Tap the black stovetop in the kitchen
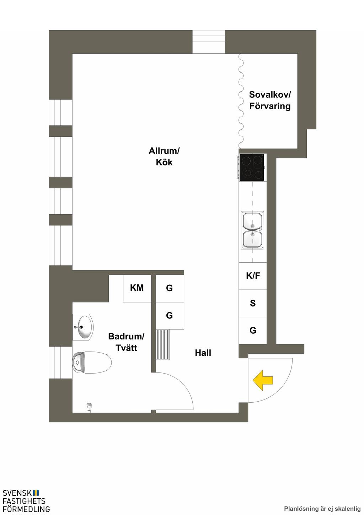(252, 167)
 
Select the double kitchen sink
(252, 230)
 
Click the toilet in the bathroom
(92, 363)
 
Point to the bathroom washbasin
(83, 327)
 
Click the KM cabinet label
(137, 288)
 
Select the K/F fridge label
(253, 276)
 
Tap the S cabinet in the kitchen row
(253, 303)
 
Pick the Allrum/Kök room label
(164, 157)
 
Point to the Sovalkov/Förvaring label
(270, 100)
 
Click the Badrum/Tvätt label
(126, 342)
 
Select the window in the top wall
(209, 42)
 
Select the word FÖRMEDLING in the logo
(26, 509)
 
